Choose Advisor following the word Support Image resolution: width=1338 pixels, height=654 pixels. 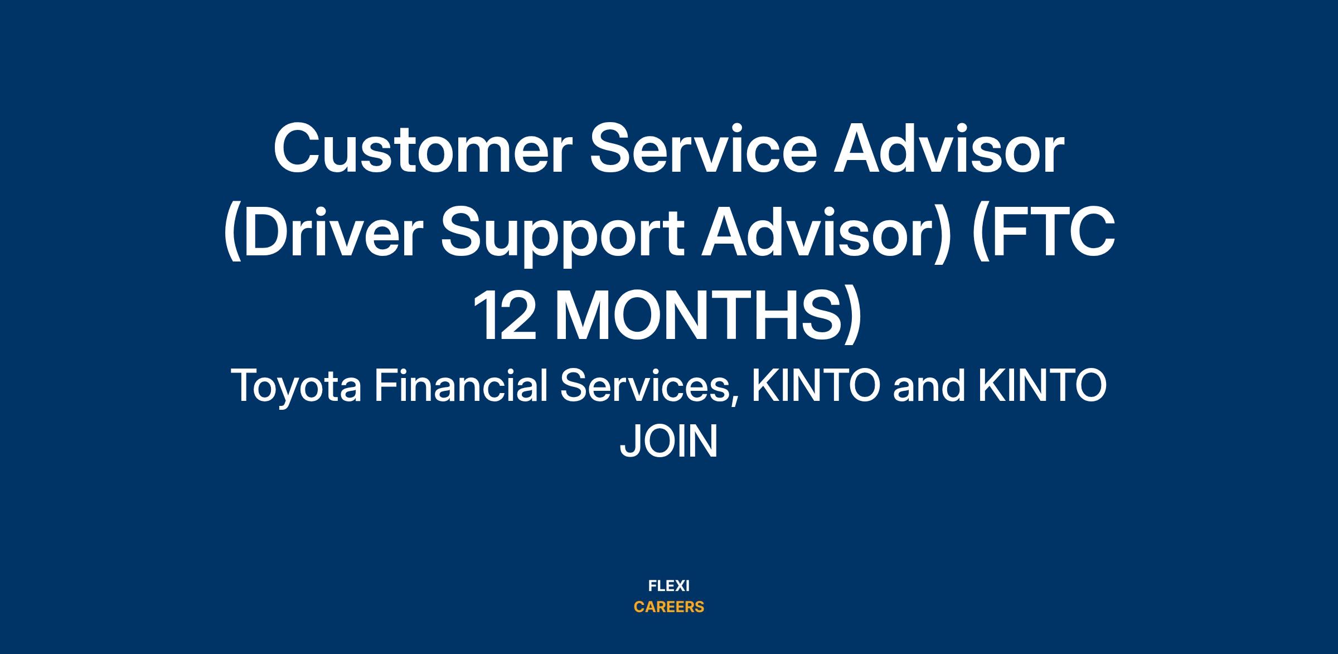pyautogui.click(x=825, y=234)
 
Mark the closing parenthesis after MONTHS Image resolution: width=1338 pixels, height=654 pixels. pyautogui.click(x=852, y=317)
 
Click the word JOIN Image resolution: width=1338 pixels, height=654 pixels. pyautogui.click(x=669, y=442)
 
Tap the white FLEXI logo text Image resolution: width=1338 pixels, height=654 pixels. pyautogui.click(x=669, y=586)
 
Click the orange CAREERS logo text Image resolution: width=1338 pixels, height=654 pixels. pyautogui.click(x=669, y=607)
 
